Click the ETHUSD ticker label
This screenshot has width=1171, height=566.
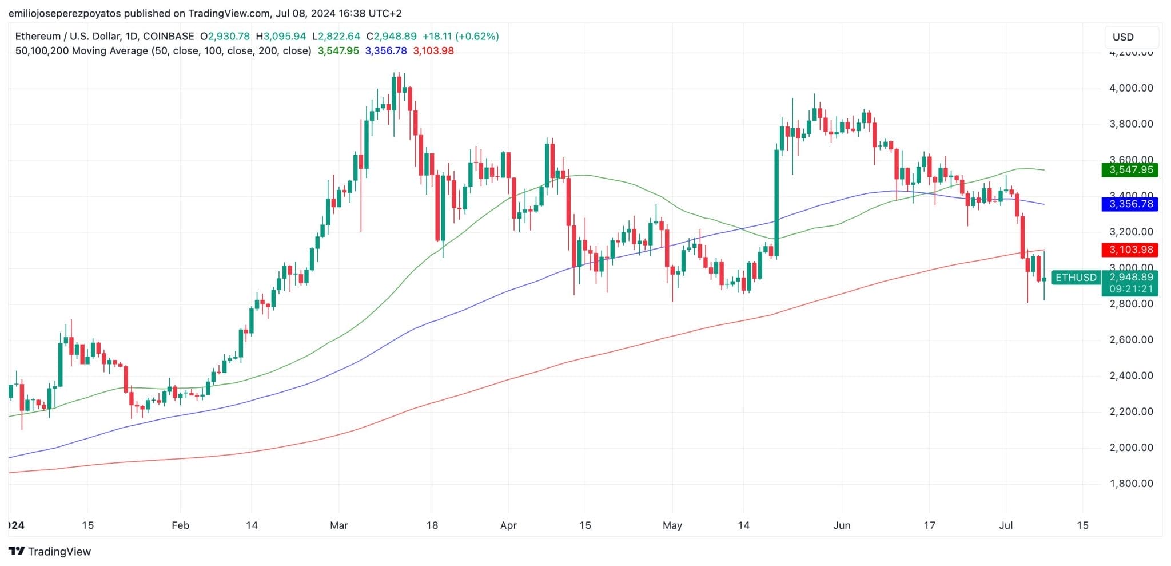click(1076, 278)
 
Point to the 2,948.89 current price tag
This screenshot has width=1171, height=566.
click(1130, 277)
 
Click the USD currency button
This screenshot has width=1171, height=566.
click(1123, 37)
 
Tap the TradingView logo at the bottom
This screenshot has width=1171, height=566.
click(50, 552)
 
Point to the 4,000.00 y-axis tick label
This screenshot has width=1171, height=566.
click(1130, 88)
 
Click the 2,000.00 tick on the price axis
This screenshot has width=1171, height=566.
click(1130, 448)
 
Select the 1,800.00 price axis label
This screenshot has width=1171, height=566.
click(1130, 484)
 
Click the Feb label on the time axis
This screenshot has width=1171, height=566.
click(180, 525)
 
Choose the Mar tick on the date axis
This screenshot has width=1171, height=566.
click(339, 525)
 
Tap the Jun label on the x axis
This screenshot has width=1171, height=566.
click(842, 525)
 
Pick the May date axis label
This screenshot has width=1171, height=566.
click(672, 525)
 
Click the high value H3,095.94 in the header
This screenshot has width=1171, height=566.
click(281, 36)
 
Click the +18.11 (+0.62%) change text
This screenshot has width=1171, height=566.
click(460, 36)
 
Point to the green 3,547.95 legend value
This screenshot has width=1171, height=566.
click(338, 51)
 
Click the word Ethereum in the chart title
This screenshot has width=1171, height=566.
click(38, 36)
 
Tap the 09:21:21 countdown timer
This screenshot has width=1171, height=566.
click(1130, 289)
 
